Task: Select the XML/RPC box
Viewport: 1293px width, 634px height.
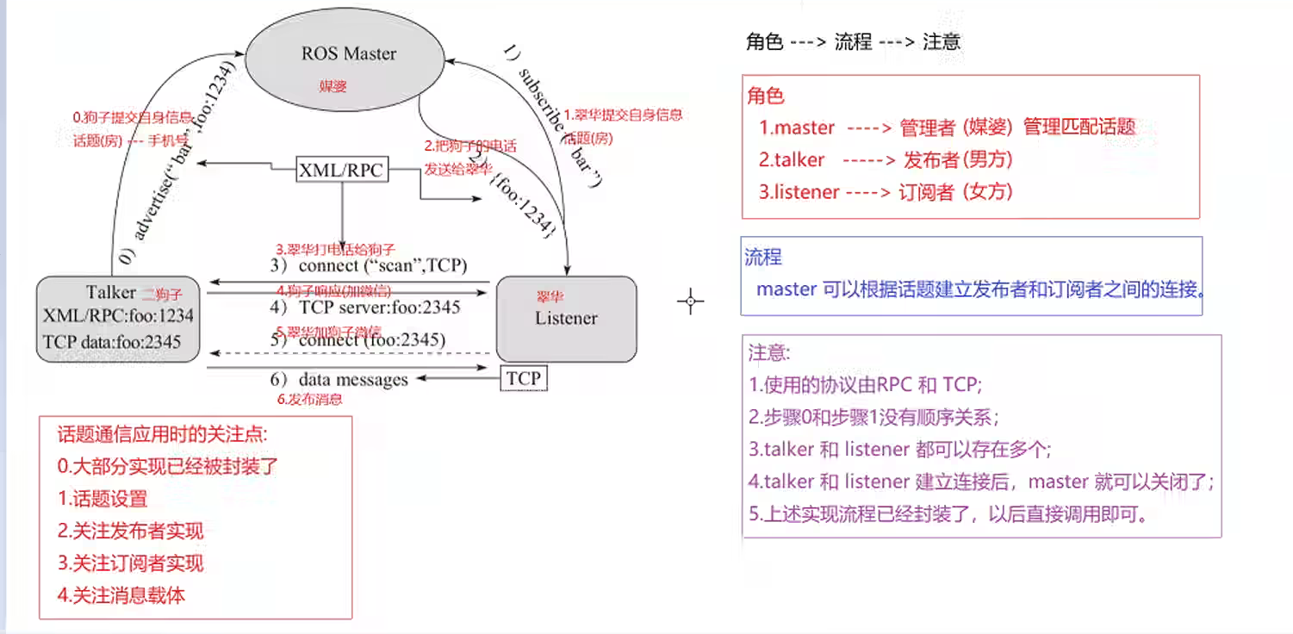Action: click(340, 171)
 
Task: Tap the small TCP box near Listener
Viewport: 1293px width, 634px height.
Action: click(523, 377)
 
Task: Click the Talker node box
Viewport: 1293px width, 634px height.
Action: click(119, 318)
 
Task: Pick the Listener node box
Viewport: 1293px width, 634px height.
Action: click(566, 318)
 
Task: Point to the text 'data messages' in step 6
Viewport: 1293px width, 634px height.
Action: click(352, 379)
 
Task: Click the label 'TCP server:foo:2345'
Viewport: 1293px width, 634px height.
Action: click(379, 307)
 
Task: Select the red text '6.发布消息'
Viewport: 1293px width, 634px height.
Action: click(309, 399)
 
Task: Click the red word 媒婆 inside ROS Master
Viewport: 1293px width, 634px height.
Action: click(332, 87)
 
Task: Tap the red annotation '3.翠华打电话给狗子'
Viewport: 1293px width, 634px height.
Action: click(335, 249)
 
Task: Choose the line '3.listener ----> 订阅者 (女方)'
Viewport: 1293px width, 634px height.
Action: click(886, 192)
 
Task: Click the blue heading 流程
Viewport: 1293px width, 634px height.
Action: click(763, 257)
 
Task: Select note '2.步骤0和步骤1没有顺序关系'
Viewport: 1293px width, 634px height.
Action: click(873, 418)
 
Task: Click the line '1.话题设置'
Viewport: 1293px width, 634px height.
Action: click(103, 499)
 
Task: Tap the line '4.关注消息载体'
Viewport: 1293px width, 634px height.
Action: click(121, 594)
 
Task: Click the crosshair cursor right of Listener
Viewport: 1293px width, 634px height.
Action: click(690, 301)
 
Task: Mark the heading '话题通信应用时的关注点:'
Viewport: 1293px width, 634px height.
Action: click(163, 434)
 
